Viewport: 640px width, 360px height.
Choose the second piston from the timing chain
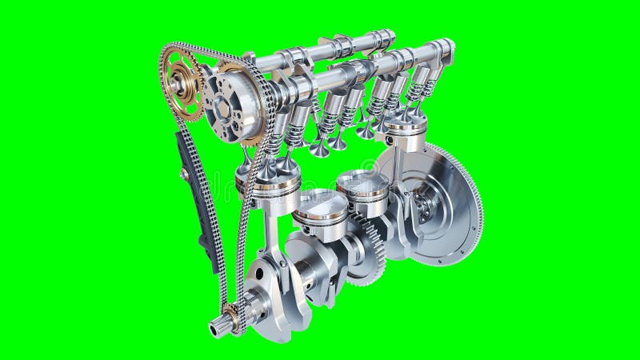point(320,210)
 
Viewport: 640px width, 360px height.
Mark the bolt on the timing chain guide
point(185,173)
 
